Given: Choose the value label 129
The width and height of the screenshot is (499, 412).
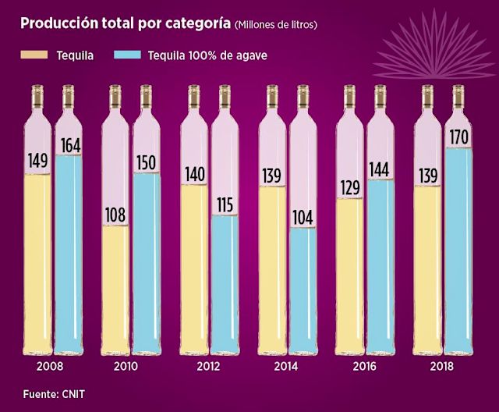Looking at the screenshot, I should point(348,187).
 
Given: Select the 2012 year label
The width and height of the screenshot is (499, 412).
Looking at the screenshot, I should point(208,366).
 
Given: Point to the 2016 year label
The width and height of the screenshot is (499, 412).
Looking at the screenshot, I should point(364,366).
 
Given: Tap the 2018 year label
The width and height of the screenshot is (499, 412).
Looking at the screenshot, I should point(441,366).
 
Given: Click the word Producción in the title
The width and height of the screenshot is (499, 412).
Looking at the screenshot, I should point(58,23).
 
